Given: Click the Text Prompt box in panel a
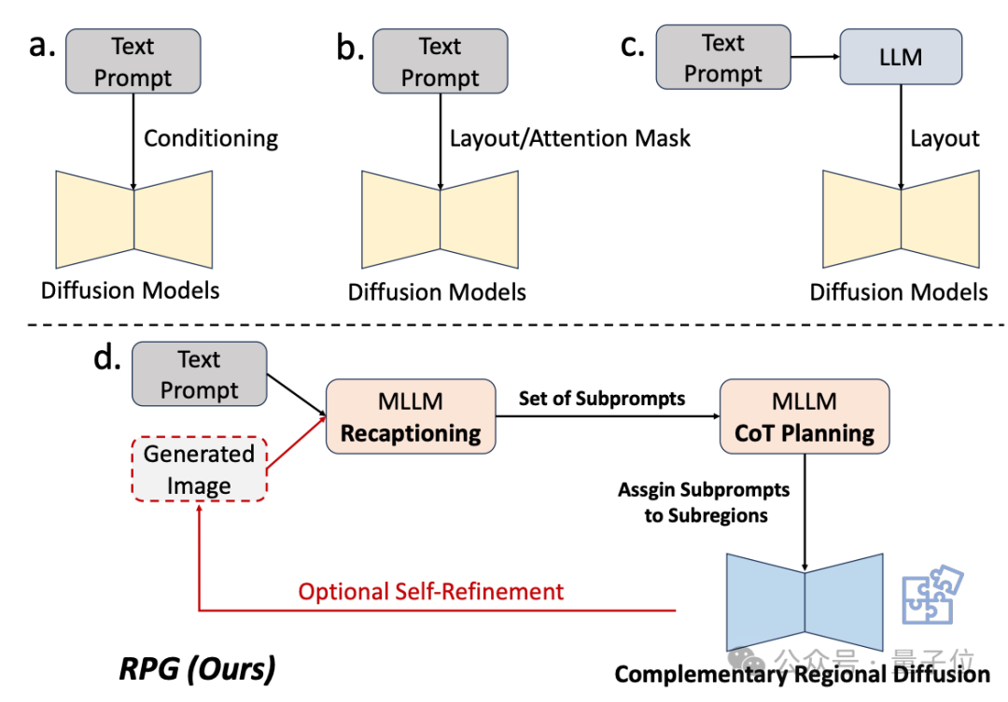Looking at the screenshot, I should tap(133, 62).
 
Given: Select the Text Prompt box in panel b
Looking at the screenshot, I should tap(440, 62).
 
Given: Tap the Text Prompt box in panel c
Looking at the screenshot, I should tap(722, 58).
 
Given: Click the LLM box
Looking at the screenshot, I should tap(900, 57).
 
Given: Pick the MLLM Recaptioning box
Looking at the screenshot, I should tap(411, 417).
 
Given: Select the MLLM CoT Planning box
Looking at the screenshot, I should tap(804, 417).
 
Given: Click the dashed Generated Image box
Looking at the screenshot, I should tap(199, 470).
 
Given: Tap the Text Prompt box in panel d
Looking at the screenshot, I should tap(200, 374).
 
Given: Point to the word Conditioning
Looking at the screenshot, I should tap(211, 139).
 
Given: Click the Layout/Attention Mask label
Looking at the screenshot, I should tap(570, 139).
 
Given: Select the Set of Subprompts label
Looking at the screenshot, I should tap(602, 399).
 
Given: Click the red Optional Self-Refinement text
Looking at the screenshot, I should tap(431, 591).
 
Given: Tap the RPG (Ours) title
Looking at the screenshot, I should tap(197, 668).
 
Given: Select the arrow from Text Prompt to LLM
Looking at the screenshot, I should tap(814, 58).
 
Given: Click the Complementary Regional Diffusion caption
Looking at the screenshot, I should tap(802, 674).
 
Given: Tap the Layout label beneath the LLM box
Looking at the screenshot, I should tap(945, 139).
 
